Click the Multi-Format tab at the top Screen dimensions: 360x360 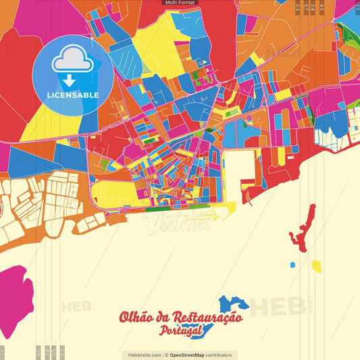click(x=180, y=3)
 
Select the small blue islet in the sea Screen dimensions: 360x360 click(x=292, y=265)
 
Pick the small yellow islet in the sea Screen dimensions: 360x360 click(x=316, y=266)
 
